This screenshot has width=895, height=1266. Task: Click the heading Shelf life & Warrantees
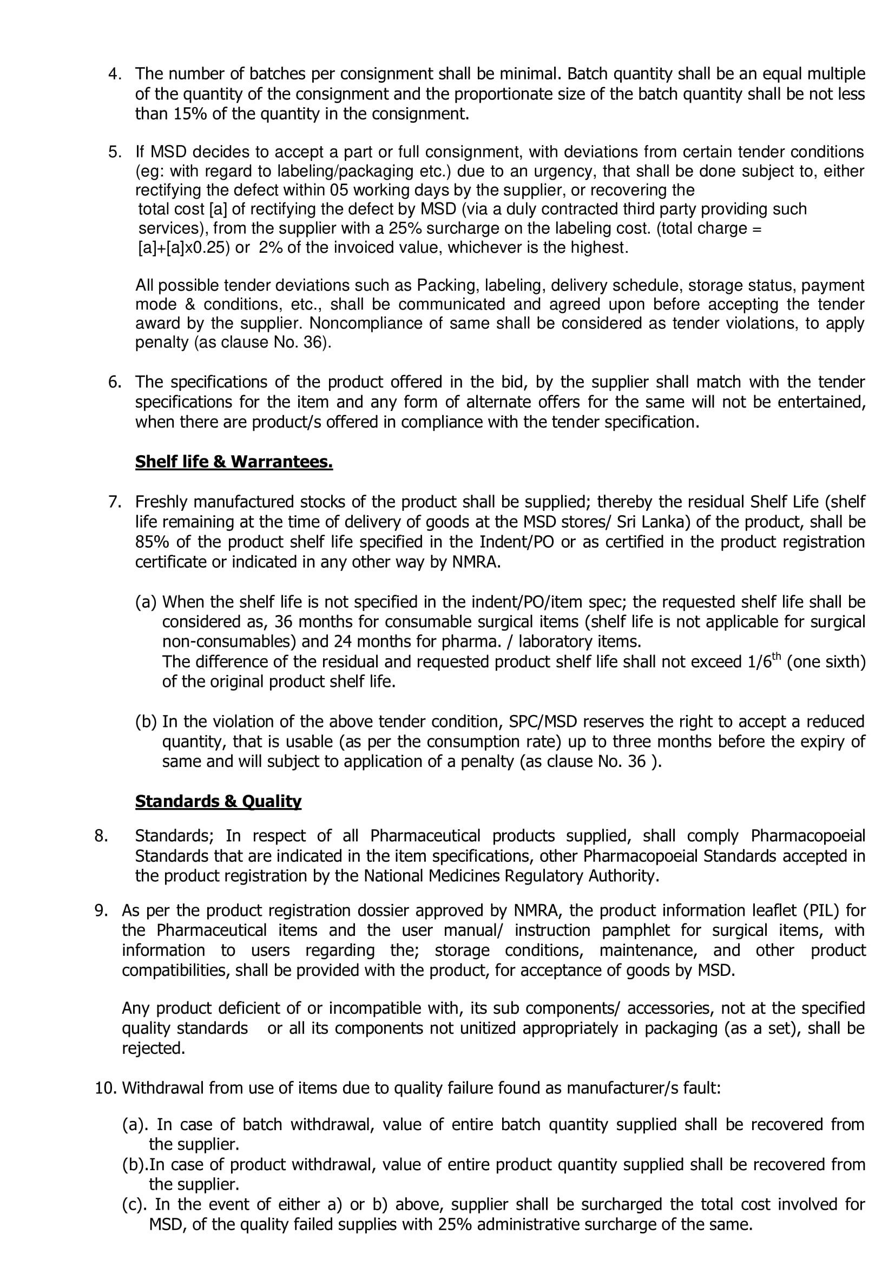pyautogui.click(x=234, y=462)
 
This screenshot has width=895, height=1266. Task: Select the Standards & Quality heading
pyautogui.click(x=218, y=801)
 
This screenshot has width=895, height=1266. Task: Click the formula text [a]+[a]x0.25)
pyautogui.click(x=183, y=247)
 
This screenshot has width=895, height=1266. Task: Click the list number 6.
pyautogui.click(x=114, y=382)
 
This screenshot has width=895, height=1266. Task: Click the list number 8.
pyautogui.click(x=101, y=836)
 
